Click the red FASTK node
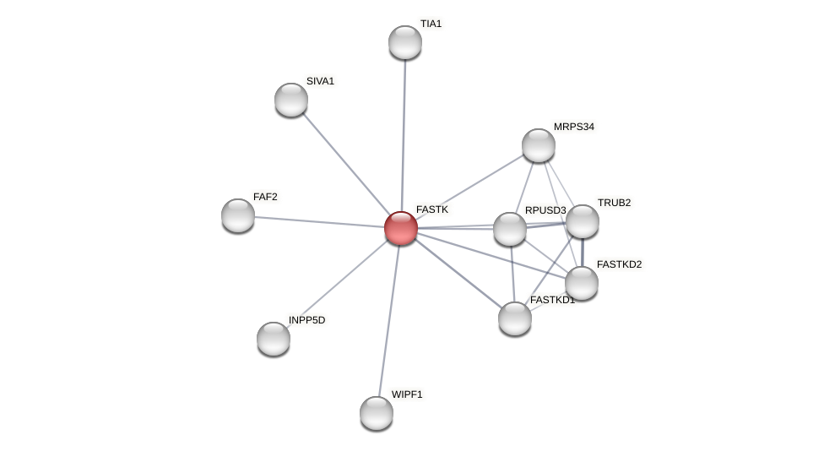(x=401, y=228)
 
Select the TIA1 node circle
(x=405, y=42)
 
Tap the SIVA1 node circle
(x=291, y=100)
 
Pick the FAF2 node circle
(x=238, y=215)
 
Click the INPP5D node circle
(x=274, y=339)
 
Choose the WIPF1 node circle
(x=377, y=413)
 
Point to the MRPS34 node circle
(x=539, y=145)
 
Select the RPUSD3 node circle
(x=510, y=229)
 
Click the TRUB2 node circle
(x=583, y=221)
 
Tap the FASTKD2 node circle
(x=582, y=283)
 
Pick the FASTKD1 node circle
(x=515, y=318)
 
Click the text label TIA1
(x=431, y=24)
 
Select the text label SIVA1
(x=320, y=81)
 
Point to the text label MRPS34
(x=573, y=127)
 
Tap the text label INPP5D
(x=306, y=320)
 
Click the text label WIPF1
(x=406, y=394)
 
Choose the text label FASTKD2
(x=619, y=264)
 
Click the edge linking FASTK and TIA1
(x=404, y=135)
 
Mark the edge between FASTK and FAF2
(x=319, y=221)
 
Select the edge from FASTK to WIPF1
(x=389, y=321)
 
